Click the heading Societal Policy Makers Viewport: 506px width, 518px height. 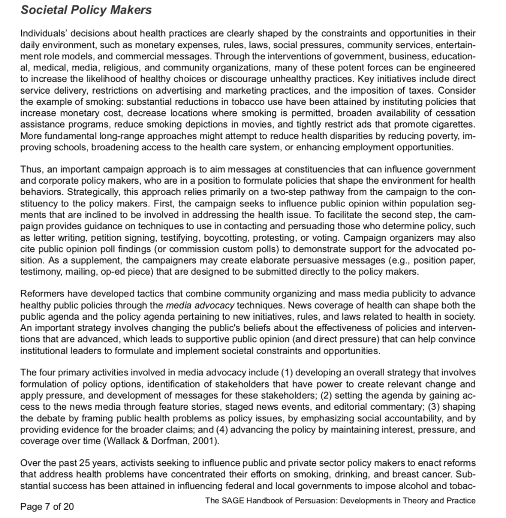click(x=86, y=10)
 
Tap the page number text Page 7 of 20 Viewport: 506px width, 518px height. click(x=47, y=506)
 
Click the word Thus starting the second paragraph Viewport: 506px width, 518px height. click(x=30, y=168)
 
